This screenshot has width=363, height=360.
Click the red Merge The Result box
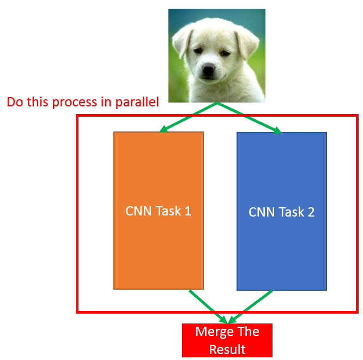(x=227, y=340)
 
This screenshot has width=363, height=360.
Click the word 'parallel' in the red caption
(x=137, y=102)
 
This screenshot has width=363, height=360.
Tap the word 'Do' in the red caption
(x=14, y=102)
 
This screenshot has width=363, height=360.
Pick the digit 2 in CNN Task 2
(x=311, y=212)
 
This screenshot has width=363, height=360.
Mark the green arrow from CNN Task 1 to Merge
(x=207, y=306)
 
